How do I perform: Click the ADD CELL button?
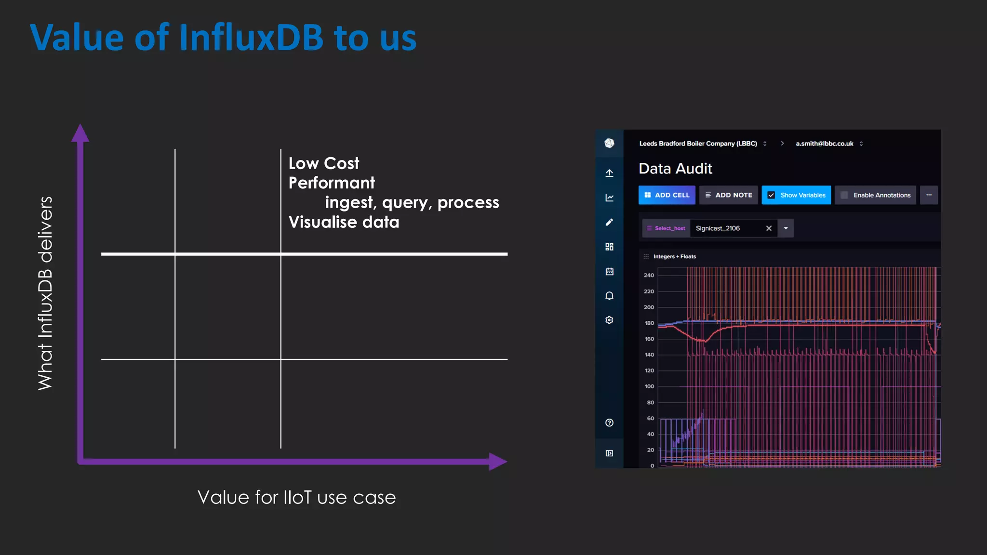point(667,195)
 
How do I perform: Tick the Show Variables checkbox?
point(771,195)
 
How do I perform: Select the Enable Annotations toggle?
point(844,195)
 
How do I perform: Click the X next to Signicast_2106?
point(769,228)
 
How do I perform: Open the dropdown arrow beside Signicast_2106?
point(786,228)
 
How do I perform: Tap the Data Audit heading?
point(675,169)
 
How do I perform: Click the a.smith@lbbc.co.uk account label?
point(824,144)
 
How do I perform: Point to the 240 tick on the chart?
point(649,276)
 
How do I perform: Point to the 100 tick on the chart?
point(649,386)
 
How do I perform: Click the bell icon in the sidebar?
point(609,296)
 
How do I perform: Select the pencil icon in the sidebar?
point(609,222)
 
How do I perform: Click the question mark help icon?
point(609,423)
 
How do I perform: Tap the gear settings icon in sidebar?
point(609,320)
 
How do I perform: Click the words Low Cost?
point(324,163)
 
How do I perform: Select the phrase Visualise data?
point(344,222)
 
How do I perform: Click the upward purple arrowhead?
point(80,133)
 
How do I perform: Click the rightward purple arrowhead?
point(497,462)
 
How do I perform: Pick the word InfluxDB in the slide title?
point(251,38)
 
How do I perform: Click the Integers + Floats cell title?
point(674,256)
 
